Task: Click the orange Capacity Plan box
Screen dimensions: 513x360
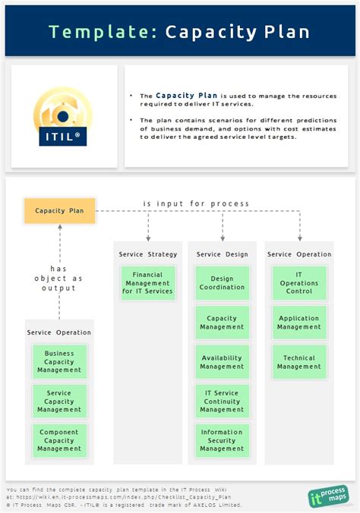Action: coord(59,211)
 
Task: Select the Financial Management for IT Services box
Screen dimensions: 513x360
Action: coord(147,282)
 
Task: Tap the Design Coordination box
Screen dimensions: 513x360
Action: coord(222,282)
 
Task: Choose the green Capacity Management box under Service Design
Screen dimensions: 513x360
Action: coord(222,323)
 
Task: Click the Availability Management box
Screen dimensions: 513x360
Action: coord(222,362)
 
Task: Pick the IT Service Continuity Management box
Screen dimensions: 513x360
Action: coord(222,401)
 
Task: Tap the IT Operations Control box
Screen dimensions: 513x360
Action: coord(299,282)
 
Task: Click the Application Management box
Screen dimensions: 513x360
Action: coord(299,323)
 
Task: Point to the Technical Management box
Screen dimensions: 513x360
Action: coord(299,362)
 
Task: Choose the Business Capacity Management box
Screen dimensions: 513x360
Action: coord(59,362)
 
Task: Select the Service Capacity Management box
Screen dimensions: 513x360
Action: coord(59,401)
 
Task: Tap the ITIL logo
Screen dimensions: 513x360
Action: coord(64,117)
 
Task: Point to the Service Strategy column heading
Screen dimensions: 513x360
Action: coord(147,254)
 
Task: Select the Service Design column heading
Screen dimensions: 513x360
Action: coord(222,254)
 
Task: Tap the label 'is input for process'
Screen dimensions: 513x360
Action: coord(196,203)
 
